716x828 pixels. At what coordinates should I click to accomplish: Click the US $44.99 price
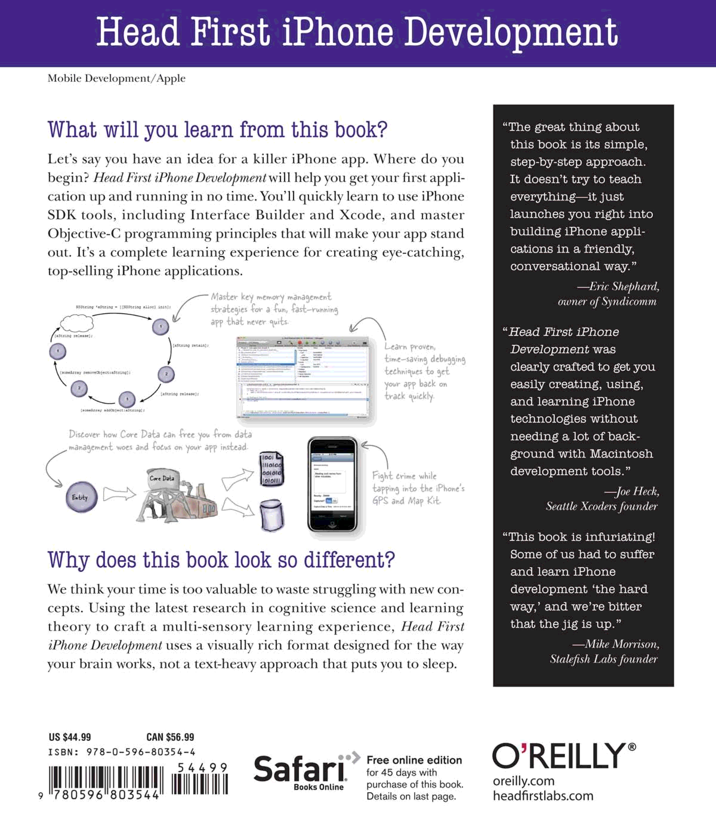pos(70,737)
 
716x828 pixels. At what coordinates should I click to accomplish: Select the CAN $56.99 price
pos(170,737)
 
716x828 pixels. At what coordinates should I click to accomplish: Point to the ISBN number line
pos(122,752)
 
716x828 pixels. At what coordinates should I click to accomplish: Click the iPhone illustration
pos(332,484)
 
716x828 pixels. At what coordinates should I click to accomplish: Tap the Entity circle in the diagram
pos(81,497)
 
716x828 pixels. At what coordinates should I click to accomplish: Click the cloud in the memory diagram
pos(76,323)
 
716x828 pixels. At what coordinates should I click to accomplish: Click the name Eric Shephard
pos(624,286)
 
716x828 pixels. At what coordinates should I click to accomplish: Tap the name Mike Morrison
pos(622,644)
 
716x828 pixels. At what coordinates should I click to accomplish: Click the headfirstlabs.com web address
pos(543,796)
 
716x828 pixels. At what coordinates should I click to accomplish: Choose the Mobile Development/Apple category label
pos(116,78)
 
